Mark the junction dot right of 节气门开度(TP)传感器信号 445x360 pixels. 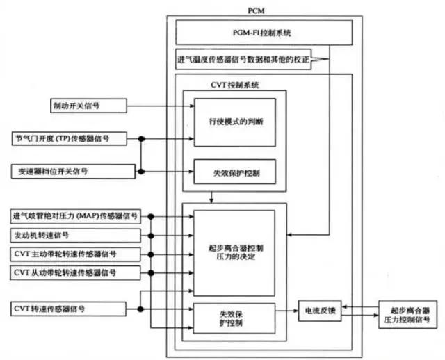click(141, 138)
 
